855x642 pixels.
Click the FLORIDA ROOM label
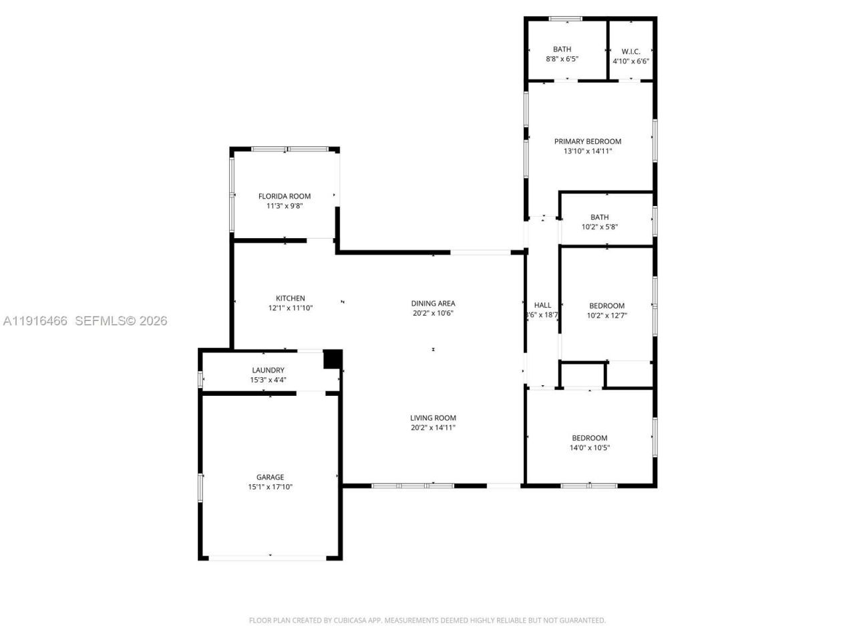click(285, 196)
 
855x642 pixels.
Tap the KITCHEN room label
click(291, 298)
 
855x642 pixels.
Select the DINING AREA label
click(433, 303)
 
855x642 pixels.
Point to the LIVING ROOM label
click(433, 418)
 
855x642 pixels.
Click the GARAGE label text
click(271, 477)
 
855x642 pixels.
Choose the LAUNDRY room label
click(268, 370)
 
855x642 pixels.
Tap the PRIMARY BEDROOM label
click(588, 141)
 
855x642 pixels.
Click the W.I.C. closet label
click(631, 51)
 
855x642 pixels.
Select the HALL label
click(542, 305)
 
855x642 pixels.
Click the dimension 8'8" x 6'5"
click(562, 59)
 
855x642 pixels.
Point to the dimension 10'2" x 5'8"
click(599, 227)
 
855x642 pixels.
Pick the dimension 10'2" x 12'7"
click(607, 316)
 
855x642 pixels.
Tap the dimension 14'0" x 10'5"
click(589, 448)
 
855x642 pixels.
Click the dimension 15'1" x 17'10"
click(271, 487)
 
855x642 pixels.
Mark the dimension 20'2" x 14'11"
click(433, 428)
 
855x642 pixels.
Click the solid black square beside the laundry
click(333, 359)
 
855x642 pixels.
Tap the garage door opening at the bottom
click(270, 557)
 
